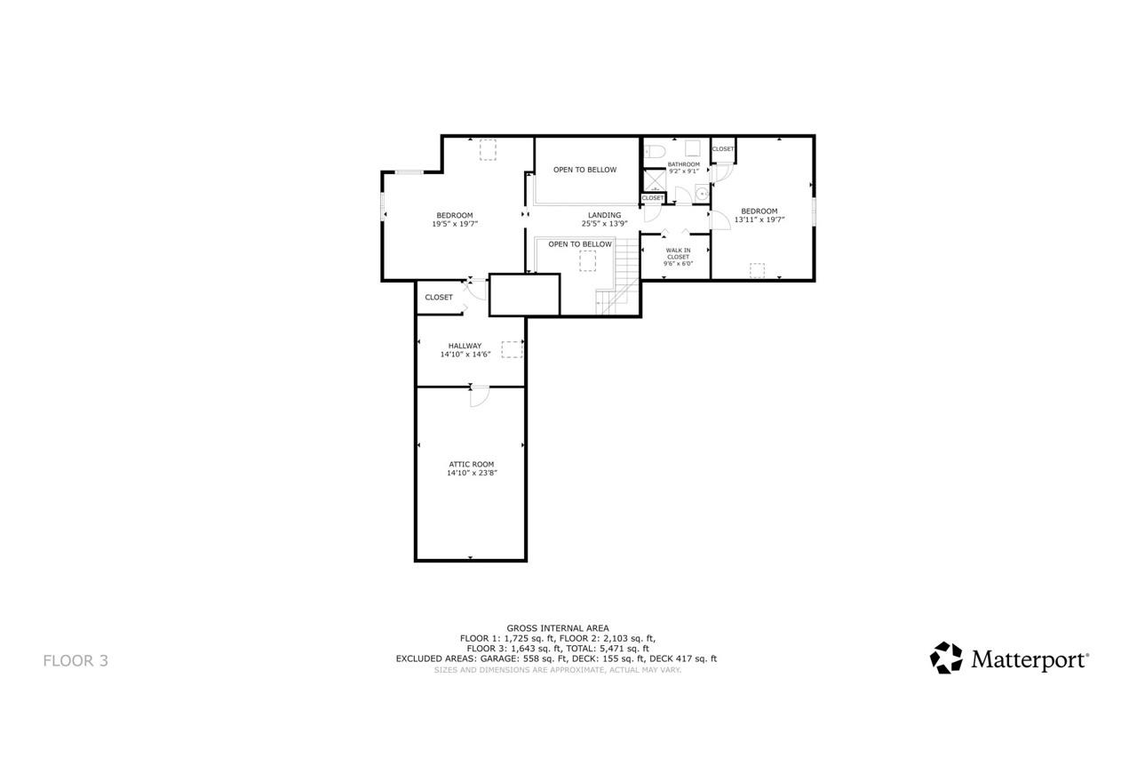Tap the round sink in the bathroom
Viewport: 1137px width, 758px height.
701,191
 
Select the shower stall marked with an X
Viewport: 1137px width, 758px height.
653,180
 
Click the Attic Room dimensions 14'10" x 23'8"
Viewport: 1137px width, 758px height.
472,474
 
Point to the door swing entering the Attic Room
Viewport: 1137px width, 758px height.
478,397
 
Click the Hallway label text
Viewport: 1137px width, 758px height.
465,346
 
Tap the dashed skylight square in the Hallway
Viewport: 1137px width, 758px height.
511,349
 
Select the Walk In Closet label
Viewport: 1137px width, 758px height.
677,257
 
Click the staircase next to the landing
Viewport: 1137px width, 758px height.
622,275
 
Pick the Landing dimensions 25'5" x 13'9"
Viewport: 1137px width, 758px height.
604,223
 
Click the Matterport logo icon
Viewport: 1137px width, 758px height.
946,658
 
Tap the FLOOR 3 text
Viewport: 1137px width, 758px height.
76,660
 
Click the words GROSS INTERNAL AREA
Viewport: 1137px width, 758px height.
557,628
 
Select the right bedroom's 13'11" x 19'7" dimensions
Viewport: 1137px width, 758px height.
759,219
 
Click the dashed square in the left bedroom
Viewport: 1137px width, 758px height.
488,150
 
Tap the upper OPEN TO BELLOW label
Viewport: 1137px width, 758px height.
584,170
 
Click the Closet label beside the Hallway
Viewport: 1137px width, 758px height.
438,297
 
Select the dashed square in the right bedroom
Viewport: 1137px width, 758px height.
757,270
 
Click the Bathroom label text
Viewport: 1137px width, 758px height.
684,164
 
